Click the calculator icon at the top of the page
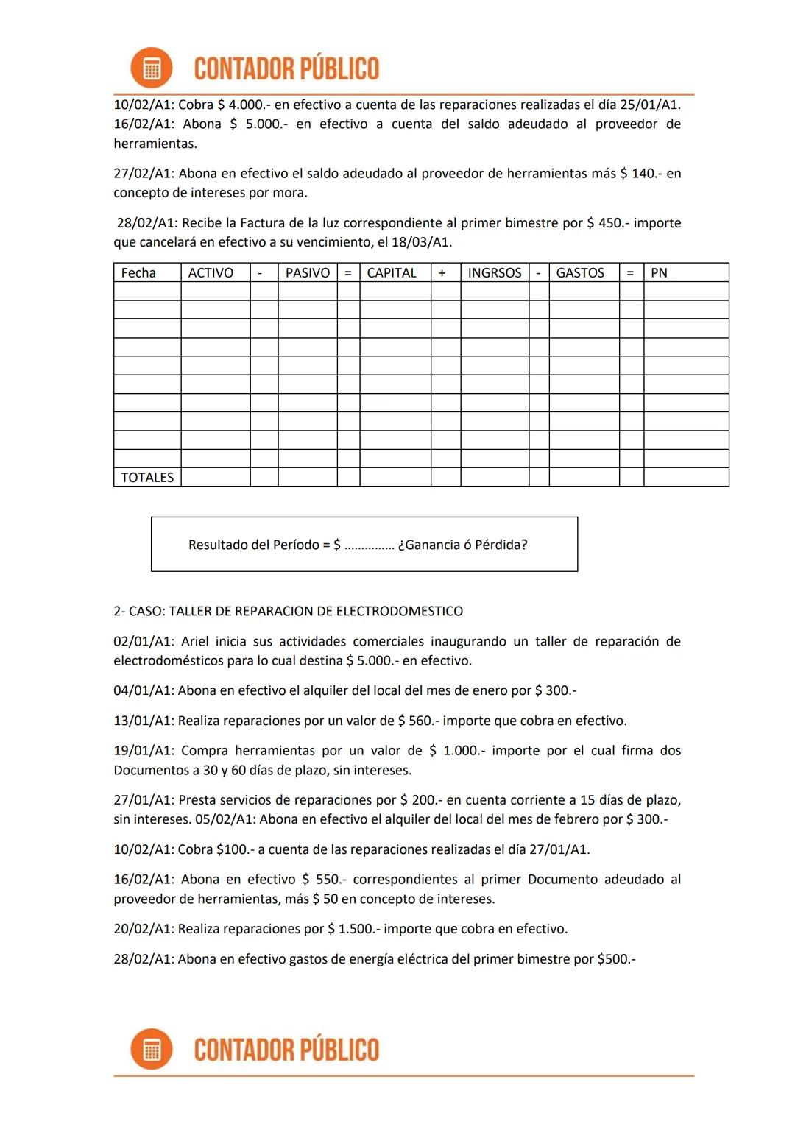[151, 68]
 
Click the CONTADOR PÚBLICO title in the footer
[286, 1050]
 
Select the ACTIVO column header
[211, 273]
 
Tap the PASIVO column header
[308, 273]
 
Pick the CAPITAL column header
[392, 273]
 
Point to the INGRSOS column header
[495, 273]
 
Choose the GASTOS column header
[580, 273]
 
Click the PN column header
[659, 273]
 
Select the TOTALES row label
[147, 478]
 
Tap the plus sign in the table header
[442, 273]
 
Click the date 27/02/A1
[144, 174]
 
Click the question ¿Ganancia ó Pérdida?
[462, 545]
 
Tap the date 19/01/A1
[144, 751]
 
